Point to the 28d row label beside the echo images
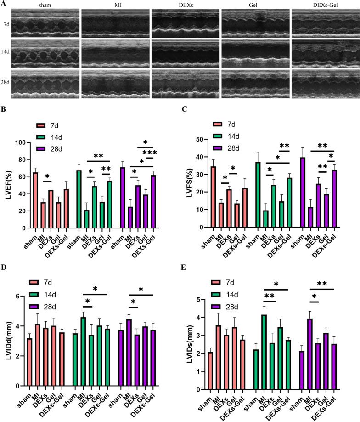click(x=6, y=83)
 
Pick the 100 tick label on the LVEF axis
click(x=18, y=143)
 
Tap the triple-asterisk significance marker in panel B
click(x=150, y=153)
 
